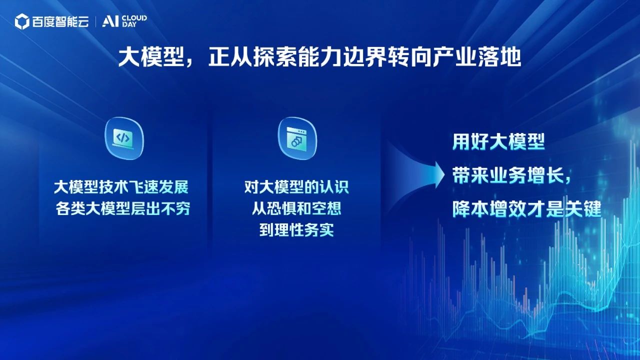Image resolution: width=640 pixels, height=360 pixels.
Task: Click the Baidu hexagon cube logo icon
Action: point(22,21)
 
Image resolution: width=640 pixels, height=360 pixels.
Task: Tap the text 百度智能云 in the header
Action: point(60,21)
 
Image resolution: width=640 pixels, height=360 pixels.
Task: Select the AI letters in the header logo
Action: point(110,21)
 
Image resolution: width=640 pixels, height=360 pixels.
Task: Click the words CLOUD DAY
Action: point(134,21)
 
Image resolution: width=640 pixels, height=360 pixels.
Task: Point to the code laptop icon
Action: point(124,138)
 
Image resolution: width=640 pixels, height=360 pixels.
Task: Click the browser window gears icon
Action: point(297,138)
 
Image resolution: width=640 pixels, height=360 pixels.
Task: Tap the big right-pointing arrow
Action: point(415,175)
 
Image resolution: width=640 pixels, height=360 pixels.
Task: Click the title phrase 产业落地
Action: point(476,57)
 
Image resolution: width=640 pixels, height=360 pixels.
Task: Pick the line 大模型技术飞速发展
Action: point(121,187)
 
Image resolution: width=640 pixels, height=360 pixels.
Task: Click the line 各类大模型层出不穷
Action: point(123,208)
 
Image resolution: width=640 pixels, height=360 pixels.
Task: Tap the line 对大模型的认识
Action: point(296,187)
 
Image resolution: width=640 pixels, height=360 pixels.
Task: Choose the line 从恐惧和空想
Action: point(296,208)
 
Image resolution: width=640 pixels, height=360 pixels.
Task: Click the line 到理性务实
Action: point(296,229)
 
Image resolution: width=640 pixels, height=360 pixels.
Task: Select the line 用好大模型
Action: point(498,141)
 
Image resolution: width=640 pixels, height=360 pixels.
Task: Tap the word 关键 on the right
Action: point(583,208)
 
